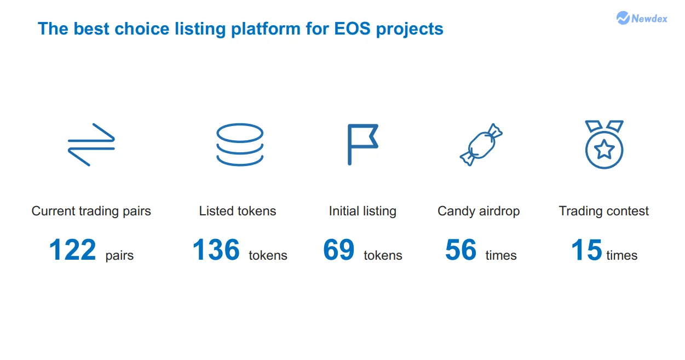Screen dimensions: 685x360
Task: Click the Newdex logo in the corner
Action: tap(642, 18)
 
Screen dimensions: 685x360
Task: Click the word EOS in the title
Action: tap(352, 29)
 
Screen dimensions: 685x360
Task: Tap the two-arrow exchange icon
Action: tap(91, 145)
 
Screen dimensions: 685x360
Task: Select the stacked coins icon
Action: tap(240, 145)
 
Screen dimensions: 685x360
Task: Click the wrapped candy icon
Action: tap(481, 145)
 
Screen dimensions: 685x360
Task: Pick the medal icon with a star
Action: tap(605, 144)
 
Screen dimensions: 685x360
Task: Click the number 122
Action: tap(72, 250)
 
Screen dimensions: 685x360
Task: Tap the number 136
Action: tap(216, 250)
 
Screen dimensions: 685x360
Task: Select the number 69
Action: tap(338, 250)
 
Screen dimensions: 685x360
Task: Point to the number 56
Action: tap(461, 250)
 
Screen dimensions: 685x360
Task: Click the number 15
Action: tap(586, 250)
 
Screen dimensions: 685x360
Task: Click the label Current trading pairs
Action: tap(91, 211)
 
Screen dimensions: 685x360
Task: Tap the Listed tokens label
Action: tap(238, 211)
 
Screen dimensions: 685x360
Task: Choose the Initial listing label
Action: tap(362, 211)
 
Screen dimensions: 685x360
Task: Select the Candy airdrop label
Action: tap(479, 211)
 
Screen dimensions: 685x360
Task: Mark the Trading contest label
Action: tap(603, 211)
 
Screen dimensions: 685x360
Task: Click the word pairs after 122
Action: tap(119, 255)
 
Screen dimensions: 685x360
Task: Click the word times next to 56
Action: tap(501, 255)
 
